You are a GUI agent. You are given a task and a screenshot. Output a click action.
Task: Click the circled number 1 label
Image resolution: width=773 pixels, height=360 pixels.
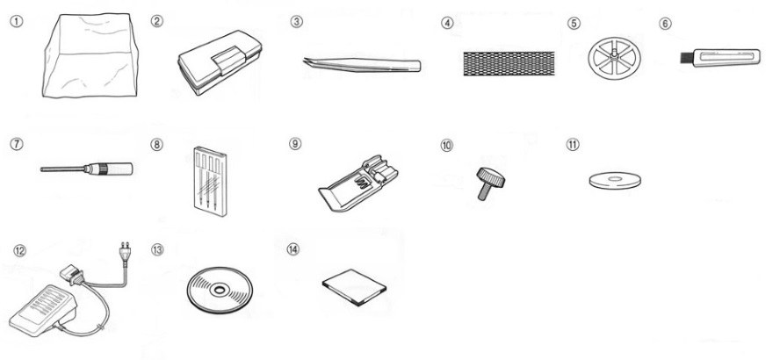coord(17,22)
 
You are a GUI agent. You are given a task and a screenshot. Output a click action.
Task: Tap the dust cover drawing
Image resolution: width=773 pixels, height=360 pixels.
coord(90,55)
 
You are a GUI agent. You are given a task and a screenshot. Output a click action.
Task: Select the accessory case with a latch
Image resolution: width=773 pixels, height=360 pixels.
coord(220,62)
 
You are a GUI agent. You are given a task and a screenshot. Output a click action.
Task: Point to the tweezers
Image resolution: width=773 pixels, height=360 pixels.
coord(362,64)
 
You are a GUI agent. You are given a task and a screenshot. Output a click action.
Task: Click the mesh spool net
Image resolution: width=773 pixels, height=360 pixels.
coord(509,63)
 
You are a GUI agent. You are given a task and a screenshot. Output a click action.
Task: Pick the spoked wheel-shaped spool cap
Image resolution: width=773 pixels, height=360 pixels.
coord(614,59)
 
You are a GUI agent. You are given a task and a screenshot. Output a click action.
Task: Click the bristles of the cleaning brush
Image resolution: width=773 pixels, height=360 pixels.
coord(687,59)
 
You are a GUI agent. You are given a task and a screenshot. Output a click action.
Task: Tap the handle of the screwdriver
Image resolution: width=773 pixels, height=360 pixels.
coord(117,169)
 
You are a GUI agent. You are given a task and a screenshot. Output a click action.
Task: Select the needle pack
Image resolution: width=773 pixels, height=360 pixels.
coord(211,181)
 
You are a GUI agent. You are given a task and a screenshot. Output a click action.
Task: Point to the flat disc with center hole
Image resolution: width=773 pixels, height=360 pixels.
coord(615,180)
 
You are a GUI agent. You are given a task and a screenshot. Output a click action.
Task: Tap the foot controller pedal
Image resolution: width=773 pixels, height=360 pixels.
coord(43,310)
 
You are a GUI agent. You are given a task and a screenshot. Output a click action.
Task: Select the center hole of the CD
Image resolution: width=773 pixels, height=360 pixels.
coord(220,290)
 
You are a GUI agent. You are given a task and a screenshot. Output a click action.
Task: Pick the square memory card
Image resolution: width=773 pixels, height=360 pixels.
coord(354,287)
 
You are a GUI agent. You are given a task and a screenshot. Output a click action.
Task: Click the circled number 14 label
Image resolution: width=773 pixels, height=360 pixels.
coord(293,249)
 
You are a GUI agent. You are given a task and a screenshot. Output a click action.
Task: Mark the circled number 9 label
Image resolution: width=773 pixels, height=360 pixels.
coord(295,143)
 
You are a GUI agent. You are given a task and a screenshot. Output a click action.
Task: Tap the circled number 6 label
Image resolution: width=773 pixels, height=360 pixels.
coord(665,23)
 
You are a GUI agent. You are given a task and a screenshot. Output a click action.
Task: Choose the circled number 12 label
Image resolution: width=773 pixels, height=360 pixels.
coord(19,250)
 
